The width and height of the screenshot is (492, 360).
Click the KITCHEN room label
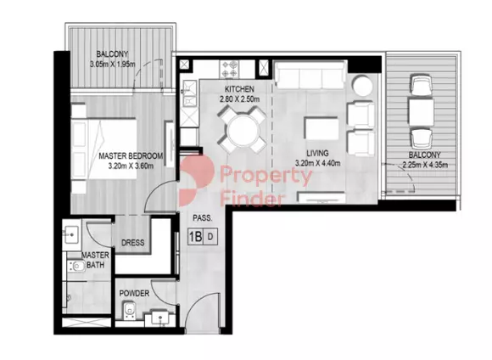(239, 89)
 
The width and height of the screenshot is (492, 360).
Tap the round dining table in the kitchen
(244, 130)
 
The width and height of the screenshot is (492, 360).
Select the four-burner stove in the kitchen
(229, 69)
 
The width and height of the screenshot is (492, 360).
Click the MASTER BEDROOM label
(131, 156)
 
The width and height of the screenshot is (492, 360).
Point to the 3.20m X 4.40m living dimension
(317, 163)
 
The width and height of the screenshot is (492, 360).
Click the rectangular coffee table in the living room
(321, 128)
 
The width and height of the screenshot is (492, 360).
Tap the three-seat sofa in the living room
(310, 75)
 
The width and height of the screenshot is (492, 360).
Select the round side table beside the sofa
(362, 85)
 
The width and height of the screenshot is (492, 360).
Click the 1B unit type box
(195, 236)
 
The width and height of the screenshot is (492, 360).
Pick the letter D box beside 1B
(210, 236)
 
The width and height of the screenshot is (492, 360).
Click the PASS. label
(203, 217)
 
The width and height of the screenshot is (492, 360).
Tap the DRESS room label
(132, 243)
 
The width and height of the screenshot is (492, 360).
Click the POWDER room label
(134, 294)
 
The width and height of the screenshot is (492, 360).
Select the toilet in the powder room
(129, 311)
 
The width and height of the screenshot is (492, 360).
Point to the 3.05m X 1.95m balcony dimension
(112, 65)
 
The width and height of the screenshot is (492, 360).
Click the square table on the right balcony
(421, 112)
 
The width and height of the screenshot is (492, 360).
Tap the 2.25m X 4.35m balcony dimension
(425, 165)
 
